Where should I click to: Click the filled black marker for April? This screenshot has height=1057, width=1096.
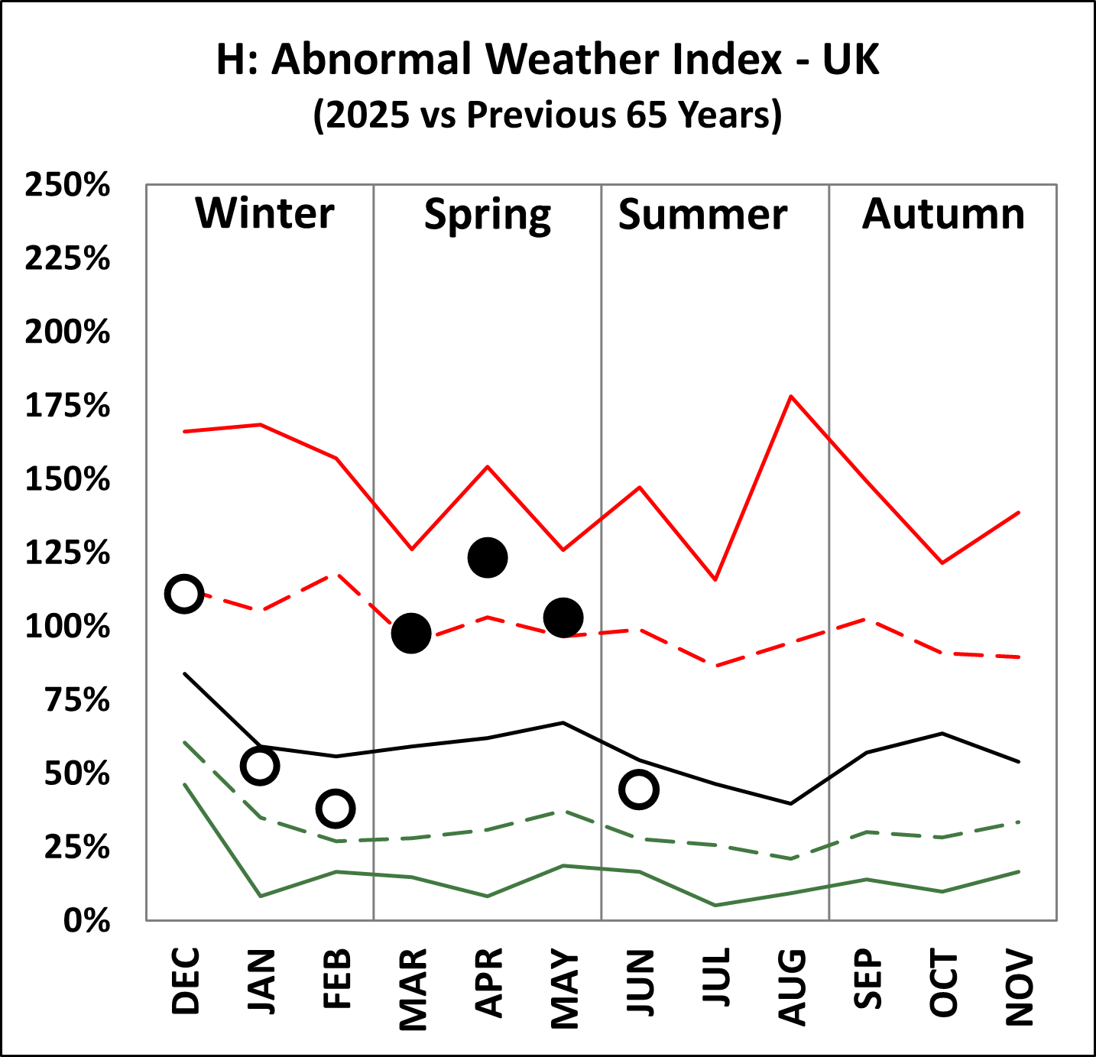click(x=488, y=557)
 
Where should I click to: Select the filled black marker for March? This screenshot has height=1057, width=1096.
click(x=411, y=633)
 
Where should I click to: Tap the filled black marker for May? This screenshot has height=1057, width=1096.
click(x=563, y=618)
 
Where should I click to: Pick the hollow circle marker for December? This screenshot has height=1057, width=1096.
click(x=183, y=594)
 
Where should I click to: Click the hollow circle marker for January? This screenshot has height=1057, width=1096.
click(x=260, y=766)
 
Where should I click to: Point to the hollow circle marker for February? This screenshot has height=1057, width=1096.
click(x=336, y=809)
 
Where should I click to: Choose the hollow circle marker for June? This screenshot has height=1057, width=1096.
click(x=639, y=790)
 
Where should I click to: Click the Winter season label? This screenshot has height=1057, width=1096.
click(x=264, y=213)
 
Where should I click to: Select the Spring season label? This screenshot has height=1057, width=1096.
click(x=488, y=216)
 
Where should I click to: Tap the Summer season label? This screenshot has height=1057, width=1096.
click(x=702, y=214)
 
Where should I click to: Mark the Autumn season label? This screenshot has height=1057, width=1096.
click(x=943, y=214)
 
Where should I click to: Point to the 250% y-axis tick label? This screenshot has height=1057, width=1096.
click(x=67, y=185)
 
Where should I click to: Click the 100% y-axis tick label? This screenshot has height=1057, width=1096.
click(x=67, y=627)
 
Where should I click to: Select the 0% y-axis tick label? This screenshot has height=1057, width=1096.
click(x=86, y=921)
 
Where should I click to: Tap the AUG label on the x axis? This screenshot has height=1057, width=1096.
click(x=792, y=987)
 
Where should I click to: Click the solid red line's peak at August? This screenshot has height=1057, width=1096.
click(x=791, y=396)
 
